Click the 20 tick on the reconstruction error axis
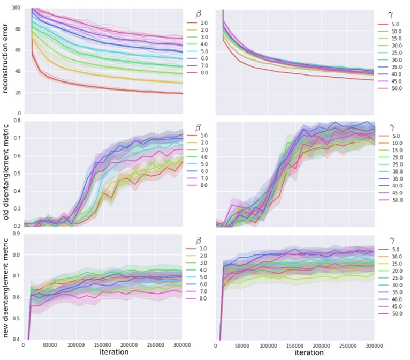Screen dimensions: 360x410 click(18, 93)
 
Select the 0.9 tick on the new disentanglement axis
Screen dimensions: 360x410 click(18, 234)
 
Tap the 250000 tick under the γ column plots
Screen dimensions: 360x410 click(348, 346)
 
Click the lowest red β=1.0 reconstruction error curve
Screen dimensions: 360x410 click(107, 88)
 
